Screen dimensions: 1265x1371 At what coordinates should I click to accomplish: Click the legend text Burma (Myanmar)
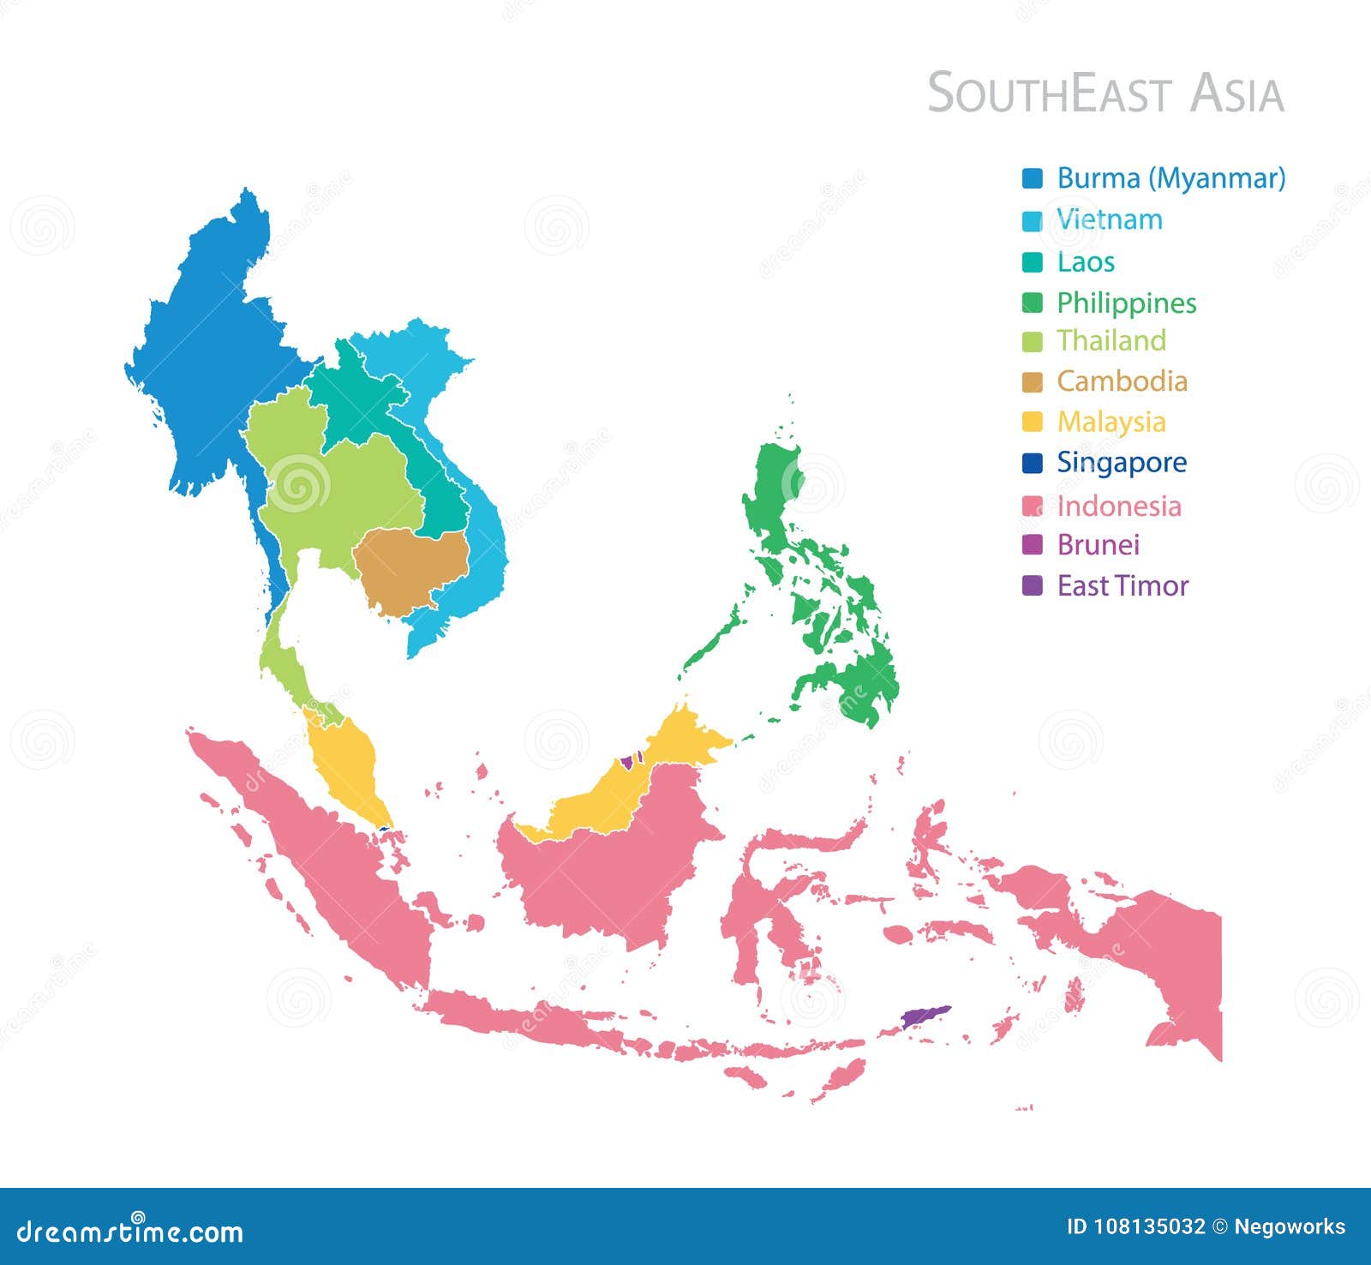click(x=1170, y=178)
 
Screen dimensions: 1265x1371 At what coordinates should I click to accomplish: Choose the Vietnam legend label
click(x=1110, y=219)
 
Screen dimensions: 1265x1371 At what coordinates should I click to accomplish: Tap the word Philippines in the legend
click(x=1126, y=303)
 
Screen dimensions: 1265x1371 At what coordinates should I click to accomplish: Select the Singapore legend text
click(x=1122, y=463)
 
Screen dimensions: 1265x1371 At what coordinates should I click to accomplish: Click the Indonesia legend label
click(x=1119, y=506)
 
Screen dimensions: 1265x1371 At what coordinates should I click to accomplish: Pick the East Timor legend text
click(x=1123, y=586)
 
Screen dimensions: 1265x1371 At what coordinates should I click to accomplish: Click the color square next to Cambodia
click(x=1033, y=382)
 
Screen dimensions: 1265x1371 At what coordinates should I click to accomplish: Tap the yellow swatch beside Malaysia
click(x=1033, y=423)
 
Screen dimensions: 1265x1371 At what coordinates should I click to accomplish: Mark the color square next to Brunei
click(x=1033, y=545)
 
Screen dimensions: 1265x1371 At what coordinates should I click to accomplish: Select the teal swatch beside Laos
click(x=1033, y=262)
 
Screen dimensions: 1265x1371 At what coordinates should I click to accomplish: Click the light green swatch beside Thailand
click(x=1033, y=342)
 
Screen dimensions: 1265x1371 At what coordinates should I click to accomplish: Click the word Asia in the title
click(x=1236, y=93)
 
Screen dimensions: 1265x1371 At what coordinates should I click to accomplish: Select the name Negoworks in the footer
click(x=1290, y=1227)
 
